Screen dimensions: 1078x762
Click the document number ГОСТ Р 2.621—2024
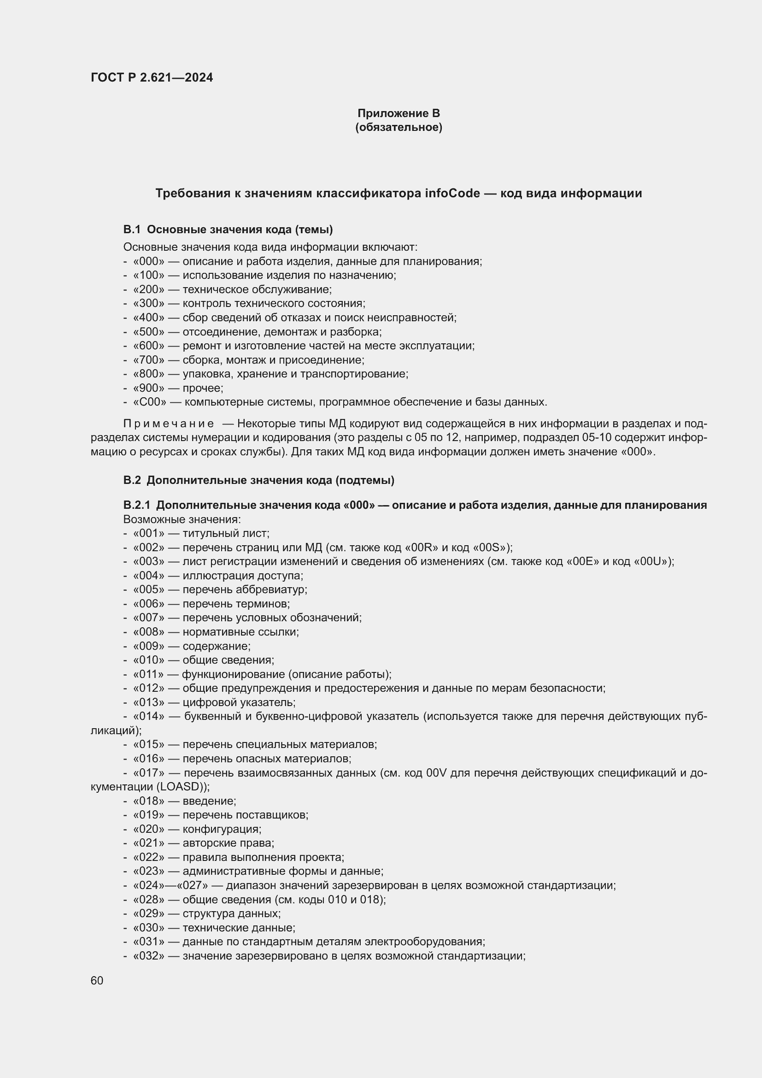152,77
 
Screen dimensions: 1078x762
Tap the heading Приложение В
399,113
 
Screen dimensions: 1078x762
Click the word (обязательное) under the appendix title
399,127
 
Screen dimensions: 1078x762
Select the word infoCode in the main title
452,193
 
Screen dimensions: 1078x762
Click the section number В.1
132,230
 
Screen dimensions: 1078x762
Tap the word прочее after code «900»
202,388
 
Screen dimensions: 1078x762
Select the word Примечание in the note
169,424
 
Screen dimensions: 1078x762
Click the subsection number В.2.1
136,505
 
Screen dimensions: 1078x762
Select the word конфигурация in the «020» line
221,829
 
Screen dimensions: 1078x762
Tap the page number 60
97,981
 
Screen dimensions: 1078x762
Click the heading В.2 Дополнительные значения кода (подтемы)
258,480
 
